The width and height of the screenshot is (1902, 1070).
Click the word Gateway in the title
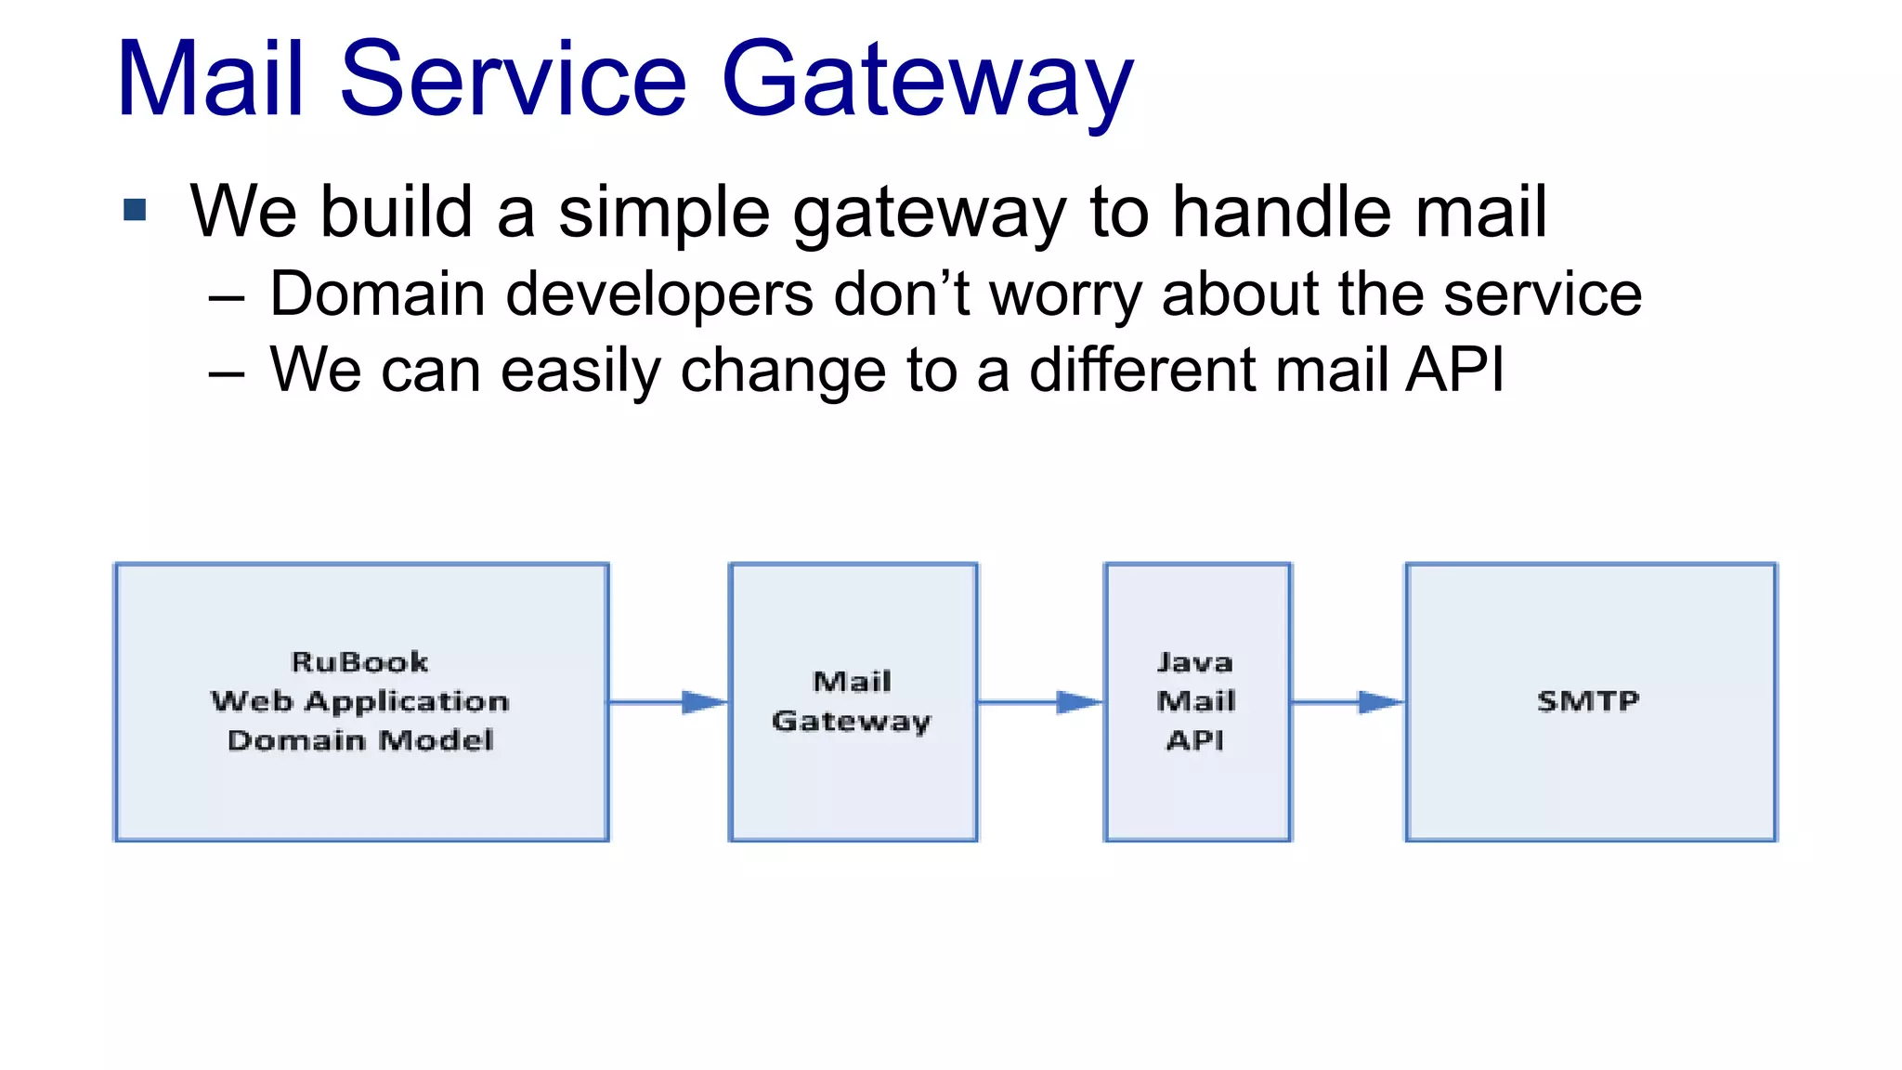point(927,82)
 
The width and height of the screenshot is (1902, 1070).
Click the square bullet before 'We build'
point(135,210)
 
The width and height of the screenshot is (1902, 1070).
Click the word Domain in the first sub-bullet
point(377,294)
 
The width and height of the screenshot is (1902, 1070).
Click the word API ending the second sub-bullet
point(1454,370)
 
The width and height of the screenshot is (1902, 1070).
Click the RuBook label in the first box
point(359,662)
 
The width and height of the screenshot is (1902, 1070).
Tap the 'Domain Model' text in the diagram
point(360,740)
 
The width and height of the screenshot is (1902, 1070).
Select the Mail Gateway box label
point(852,701)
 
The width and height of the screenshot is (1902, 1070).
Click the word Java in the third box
point(1195,662)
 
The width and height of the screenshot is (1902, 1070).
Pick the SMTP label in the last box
point(1588,701)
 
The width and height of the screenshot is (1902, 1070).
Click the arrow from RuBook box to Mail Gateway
point(669,702)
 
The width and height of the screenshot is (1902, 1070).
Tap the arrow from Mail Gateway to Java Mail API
point(1040,702)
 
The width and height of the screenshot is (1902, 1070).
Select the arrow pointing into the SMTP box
point(1348,702)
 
